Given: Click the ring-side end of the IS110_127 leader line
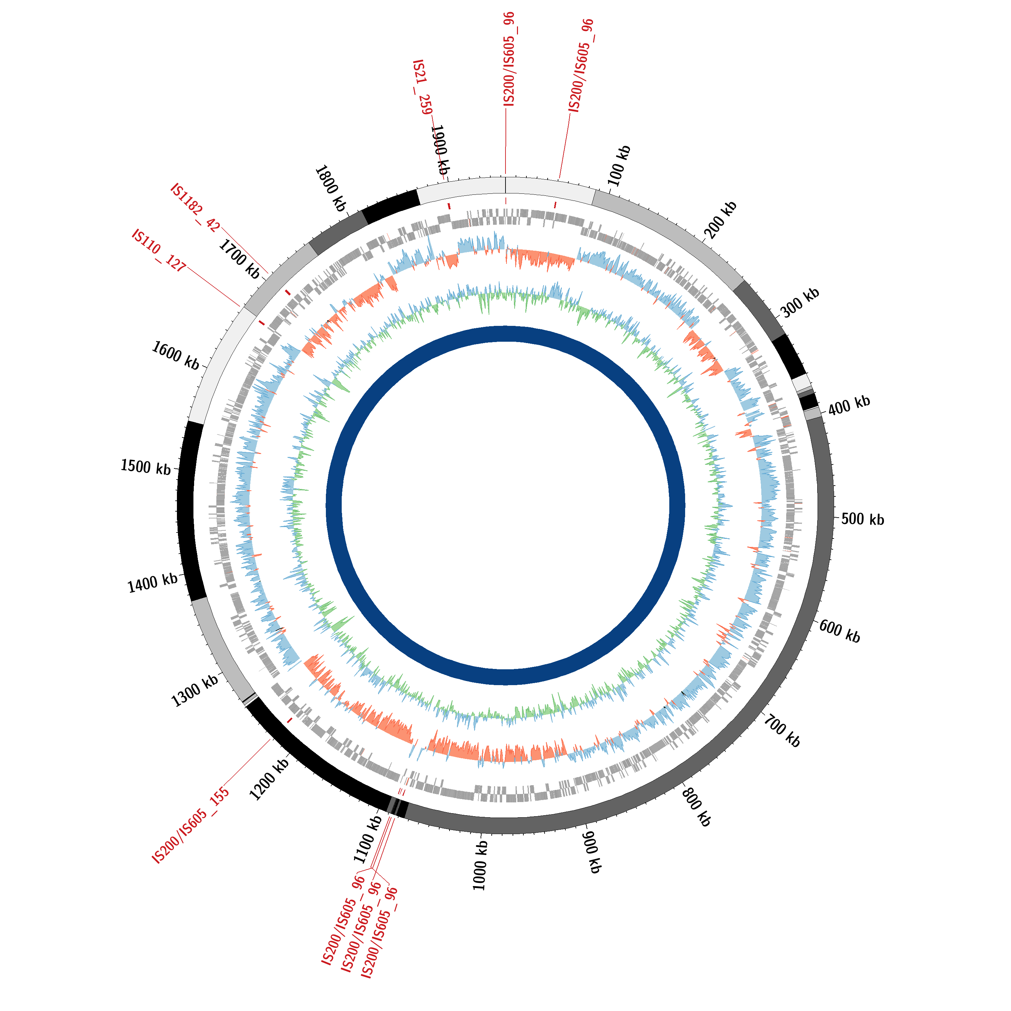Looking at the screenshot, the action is (240, 307).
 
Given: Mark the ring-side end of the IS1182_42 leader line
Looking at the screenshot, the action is (268, 273).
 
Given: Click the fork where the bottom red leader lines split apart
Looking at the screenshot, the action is (371, 869).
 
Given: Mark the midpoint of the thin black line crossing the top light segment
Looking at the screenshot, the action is (506, 185).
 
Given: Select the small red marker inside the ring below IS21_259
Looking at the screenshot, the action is (449, 206).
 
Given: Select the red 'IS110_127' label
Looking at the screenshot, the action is (158, 250).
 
